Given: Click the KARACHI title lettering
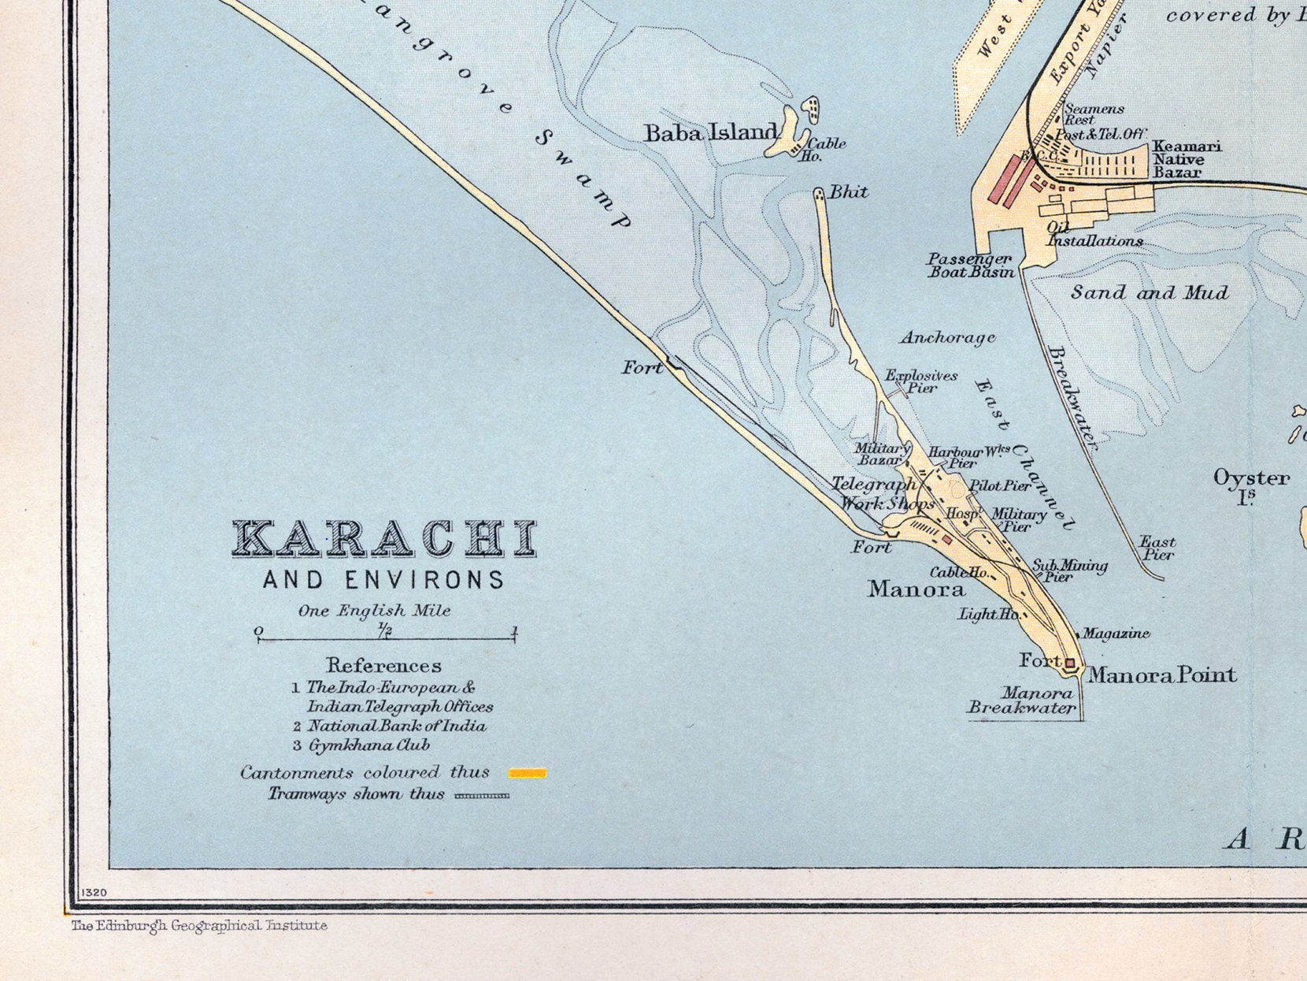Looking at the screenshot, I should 384,539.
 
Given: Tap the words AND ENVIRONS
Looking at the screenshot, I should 383,581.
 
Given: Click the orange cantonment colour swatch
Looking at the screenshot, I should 527,773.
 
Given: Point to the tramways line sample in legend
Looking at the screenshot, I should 482,796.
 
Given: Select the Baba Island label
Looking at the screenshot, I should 711,132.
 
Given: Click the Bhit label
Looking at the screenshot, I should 849,191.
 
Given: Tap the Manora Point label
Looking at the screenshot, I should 1162,674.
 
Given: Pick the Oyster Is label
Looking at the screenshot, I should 1250,485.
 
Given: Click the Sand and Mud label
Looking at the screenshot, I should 1149,292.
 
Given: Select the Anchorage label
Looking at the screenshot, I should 947,337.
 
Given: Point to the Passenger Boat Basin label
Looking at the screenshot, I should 970,266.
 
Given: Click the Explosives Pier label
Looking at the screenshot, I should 921,381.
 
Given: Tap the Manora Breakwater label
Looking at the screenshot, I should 1021,700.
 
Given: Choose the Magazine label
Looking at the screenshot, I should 1116,634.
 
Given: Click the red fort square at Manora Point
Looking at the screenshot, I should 1070,663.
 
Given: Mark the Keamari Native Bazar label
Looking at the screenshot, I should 1187,159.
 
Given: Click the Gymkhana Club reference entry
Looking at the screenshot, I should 368,745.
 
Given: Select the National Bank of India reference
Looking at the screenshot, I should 396,726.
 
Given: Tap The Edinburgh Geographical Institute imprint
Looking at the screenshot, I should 199,926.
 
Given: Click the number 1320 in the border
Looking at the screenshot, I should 94,893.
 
